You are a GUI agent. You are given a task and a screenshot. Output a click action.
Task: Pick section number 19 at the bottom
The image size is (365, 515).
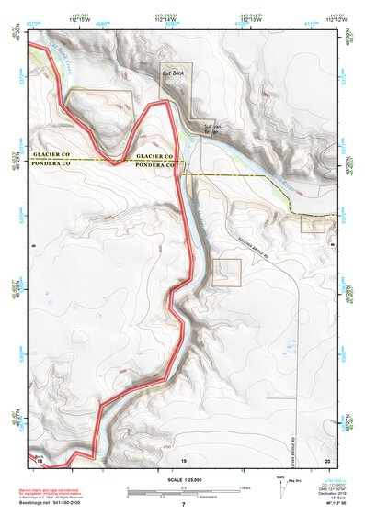184,458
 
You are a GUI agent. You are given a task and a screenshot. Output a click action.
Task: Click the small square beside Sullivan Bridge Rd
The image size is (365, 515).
227,271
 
